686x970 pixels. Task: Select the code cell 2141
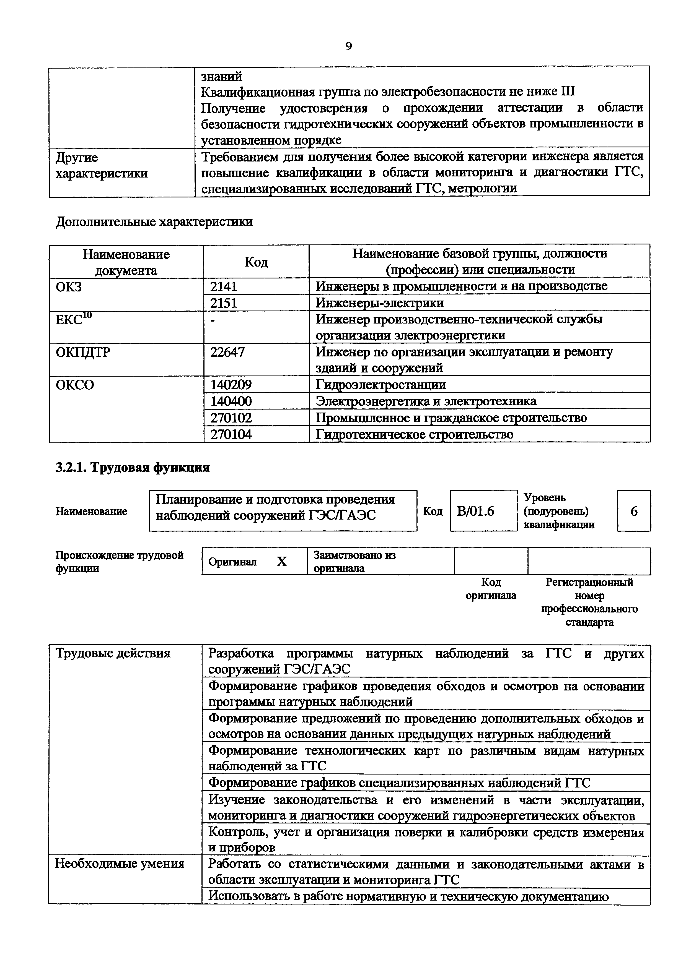pos(224,286)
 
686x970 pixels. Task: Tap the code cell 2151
pos(224,303)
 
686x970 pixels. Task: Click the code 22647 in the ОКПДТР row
pos(227,352)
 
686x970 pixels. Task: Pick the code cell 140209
pos(231,384)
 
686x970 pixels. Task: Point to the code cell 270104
pos(231,434)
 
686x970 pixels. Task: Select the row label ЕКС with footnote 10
pos(74,319)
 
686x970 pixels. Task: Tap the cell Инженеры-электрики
pos(380,303)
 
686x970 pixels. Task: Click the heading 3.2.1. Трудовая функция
pos(132,468)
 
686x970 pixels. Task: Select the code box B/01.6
pos(475,512)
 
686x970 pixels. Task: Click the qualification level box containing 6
pos(634,512)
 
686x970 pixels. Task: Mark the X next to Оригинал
pos(281,562)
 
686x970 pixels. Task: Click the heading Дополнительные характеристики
pos(154,222)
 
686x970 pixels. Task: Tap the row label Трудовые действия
pos(113,654)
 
